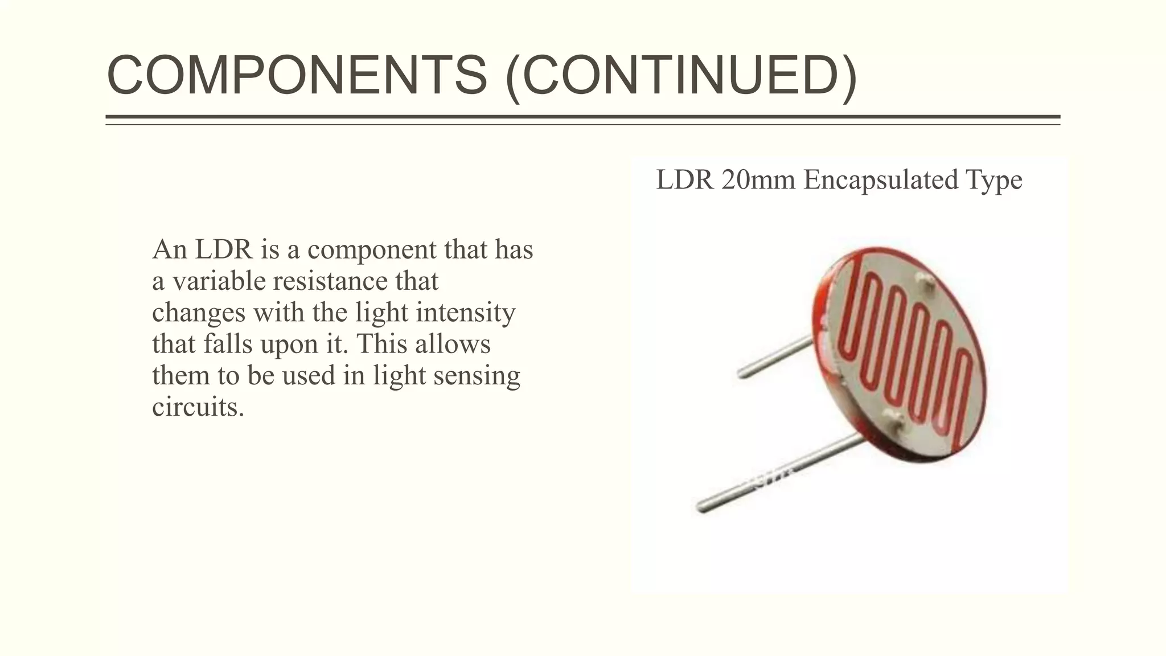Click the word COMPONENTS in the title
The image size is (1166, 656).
(297, 75)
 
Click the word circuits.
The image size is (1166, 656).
(198, 407)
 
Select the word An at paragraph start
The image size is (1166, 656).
(169, 249)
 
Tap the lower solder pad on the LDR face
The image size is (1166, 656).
(892, 421)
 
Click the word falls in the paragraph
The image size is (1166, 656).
(228, 344)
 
